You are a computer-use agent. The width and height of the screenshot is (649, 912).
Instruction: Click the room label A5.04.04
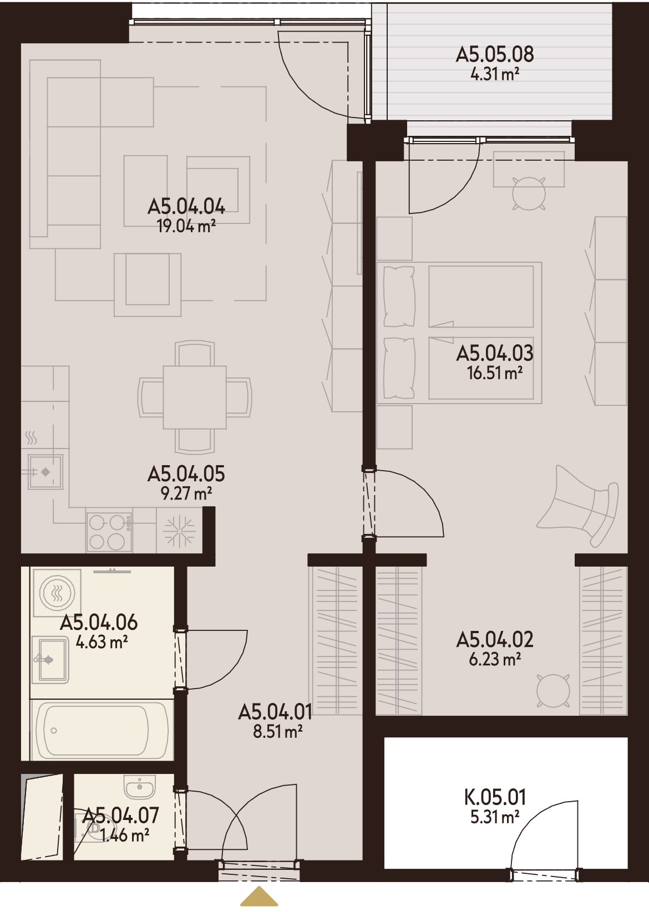point(186,207)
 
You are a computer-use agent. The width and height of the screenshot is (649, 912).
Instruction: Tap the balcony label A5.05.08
point(495,54)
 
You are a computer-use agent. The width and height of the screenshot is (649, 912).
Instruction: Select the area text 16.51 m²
point(495,373)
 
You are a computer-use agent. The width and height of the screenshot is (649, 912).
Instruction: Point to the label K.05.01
point(495,798)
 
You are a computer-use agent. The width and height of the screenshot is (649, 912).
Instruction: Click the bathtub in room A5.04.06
point(102,731)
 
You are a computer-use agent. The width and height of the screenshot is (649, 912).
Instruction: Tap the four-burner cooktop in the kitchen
point(109,532)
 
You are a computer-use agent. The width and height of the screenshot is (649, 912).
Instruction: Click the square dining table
point(195,398)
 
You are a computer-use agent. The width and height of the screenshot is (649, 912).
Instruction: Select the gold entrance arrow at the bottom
point(259,897)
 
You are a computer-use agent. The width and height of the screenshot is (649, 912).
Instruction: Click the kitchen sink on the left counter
point(45,471)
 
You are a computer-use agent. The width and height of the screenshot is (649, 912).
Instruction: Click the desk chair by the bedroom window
point(529,193)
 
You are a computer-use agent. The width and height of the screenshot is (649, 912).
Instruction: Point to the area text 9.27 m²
point(186,494)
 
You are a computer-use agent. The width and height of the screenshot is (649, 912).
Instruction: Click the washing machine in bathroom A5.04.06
point(58,593)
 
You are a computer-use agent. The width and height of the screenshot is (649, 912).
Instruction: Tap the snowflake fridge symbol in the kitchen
point(180,532)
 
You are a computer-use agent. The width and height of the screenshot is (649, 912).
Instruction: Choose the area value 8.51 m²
point(277,732)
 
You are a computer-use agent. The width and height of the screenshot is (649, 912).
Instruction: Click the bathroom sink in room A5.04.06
point(50,660)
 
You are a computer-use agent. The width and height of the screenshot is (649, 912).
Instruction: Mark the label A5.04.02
point(495,640)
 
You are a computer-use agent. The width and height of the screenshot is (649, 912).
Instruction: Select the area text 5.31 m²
point(495,817)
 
